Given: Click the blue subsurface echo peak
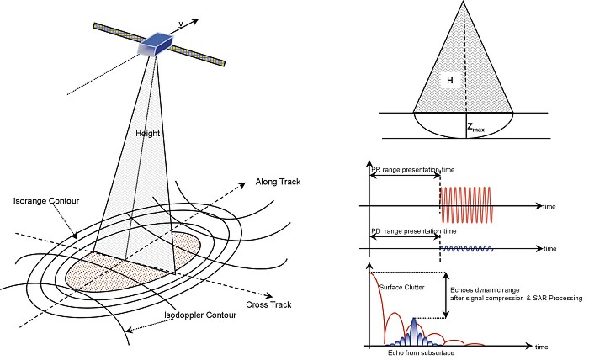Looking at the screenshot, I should coord(412,331).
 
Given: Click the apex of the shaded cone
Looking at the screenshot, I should coord(464,3).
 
